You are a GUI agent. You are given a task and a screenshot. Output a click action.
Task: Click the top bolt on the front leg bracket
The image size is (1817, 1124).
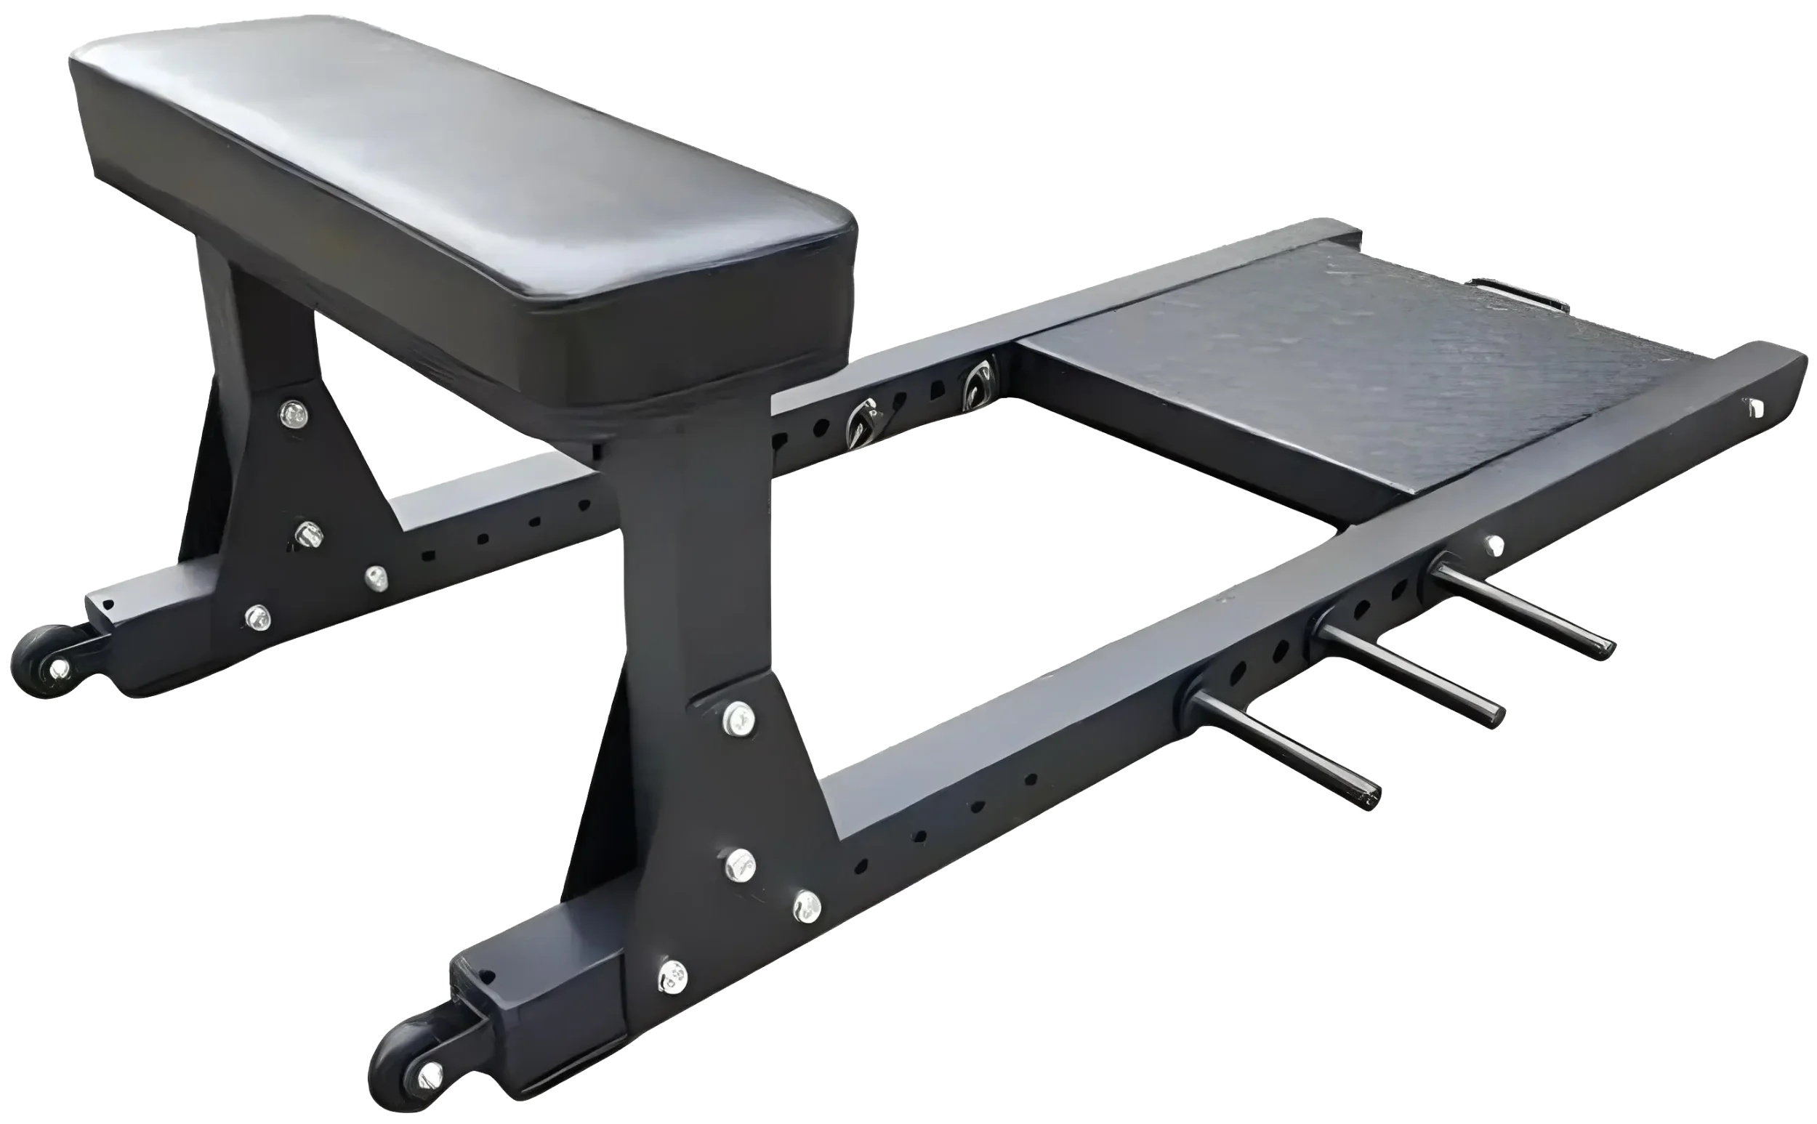click(738, 715)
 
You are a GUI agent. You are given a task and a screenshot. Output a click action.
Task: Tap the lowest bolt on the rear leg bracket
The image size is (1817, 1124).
click(257, 616)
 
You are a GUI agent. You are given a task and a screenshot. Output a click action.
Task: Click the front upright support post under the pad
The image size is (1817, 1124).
click(691, 565)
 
